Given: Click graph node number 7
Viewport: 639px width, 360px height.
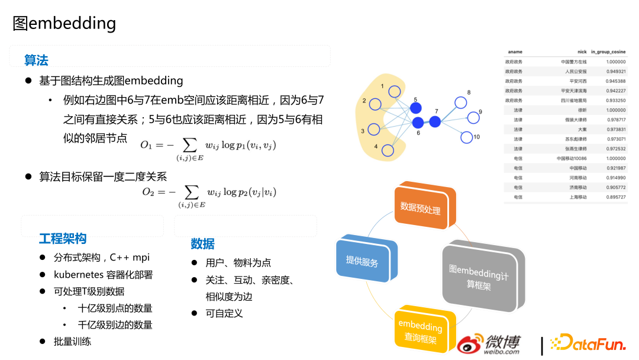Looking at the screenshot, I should pyautogui.click(x=435, y=121).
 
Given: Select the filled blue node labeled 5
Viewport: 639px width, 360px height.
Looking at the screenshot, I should pyautogui.click(x=416, y=108).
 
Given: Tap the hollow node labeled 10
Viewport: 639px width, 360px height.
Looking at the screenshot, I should pyautogui.click(x=466, y=137).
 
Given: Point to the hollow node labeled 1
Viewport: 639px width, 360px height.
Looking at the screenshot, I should pyautogui.click(x=395, y=92).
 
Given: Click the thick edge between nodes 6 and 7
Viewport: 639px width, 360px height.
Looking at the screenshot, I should pyautogui.click(x=426, y=122).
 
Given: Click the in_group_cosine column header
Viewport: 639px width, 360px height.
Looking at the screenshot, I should pyautogui.click(x=608, y=52).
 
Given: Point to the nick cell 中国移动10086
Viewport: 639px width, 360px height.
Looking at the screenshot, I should pyautogui.click(x=571, y=158).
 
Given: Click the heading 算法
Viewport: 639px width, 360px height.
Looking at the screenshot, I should pyautogui.click(x=36, y=60).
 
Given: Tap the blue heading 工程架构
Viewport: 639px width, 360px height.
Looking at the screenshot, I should pyautogui.click(x=63, y=239).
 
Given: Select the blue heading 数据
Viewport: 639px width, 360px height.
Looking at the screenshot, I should pyautogui.click(x=202, y=244).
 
